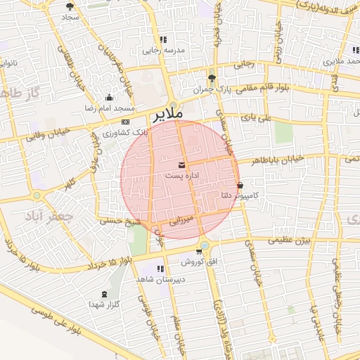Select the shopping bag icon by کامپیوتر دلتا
(x=240, y=186)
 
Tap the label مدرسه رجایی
(x=163, y=51)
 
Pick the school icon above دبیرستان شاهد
(x=162, y=269)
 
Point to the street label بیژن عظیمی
(x=302, y=241)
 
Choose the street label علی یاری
(x=255, y=119)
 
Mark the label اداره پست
(x=182, y=175)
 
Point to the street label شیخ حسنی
(x=122, y=220)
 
